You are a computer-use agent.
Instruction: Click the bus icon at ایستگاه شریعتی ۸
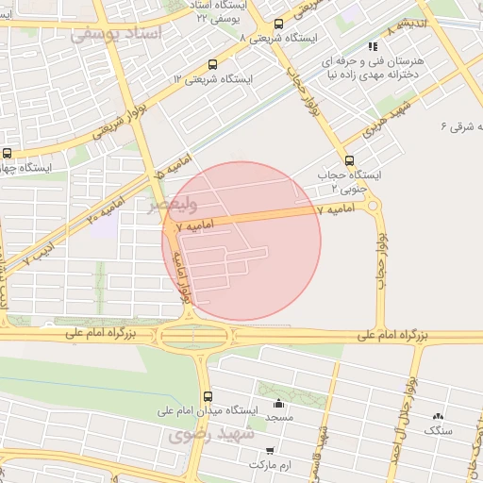click(x=278, y=25)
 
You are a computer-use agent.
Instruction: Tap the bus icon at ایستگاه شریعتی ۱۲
click(x=212, y=65)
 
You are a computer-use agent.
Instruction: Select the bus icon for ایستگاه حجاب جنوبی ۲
click(x=350, y=160)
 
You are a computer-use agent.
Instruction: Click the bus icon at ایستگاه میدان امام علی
click(x=208, y=396)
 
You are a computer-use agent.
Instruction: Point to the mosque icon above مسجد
click(x=278, y=401)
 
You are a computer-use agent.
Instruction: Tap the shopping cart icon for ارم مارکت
click(x=271, y=451)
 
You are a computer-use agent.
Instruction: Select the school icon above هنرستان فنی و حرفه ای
click(x=374, y=45)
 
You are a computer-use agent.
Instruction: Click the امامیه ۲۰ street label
click(x=106, y=205)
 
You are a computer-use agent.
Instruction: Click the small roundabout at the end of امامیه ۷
click(x=374, y=205)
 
